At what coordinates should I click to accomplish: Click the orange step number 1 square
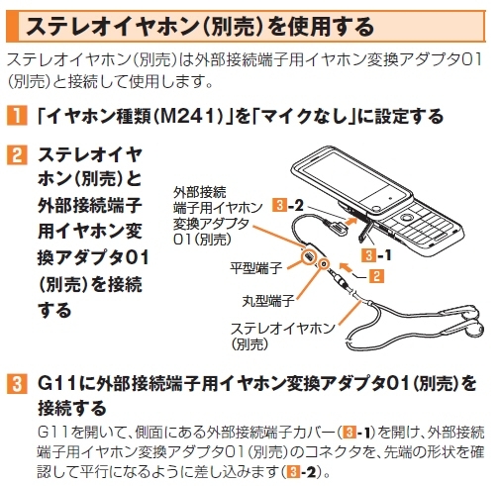coord(17,116)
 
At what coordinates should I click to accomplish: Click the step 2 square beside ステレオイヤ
coord(17,155)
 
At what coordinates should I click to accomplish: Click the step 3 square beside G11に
coord(17,384)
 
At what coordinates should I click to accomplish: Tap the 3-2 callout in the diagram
coord(288,206)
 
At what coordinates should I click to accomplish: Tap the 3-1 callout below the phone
coord(376,255)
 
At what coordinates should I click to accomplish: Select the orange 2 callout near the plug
coord(376,276)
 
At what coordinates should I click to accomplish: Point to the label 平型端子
coord(255,268)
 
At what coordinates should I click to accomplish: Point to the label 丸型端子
coord(268,301)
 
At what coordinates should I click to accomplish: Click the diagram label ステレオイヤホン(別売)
coord(282,336)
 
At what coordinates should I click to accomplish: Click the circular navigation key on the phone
coord(406,218)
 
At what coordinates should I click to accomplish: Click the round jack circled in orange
coord(325,264)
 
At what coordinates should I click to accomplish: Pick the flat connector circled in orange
coord(310,257)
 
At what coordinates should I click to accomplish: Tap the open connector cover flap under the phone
coord(365,232)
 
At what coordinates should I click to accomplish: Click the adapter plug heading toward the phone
coord(336,228)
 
